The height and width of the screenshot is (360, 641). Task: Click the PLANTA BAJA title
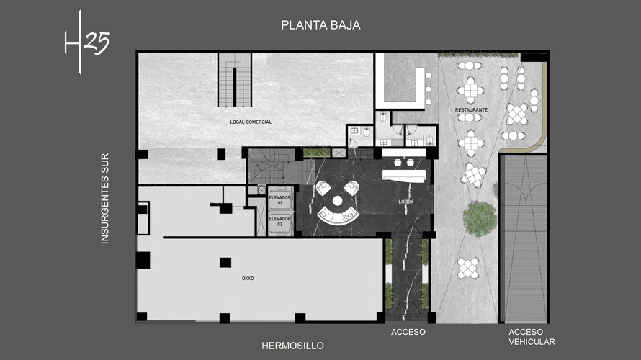pos(320,25)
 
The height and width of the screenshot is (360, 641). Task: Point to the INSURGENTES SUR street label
pos(105,198)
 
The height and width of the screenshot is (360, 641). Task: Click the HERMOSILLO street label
pos(292,346)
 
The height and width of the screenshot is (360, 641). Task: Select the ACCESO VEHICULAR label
pos(531,337)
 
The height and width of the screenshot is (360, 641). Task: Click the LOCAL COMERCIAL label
pos(251,122)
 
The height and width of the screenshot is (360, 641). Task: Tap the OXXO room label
pos(249,276)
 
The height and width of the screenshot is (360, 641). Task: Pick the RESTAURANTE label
pos(471,110)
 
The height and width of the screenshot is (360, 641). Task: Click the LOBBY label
pos(406,202)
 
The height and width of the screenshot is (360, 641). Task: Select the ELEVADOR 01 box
pos(279,199)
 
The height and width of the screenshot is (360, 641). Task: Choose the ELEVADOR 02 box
pos(279,222)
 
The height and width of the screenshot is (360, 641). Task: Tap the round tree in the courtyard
pos(479,217)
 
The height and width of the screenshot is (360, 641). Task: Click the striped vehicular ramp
pos(523,238)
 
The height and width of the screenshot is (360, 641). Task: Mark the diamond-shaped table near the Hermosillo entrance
pos(468,268)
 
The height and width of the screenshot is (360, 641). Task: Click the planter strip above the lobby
pos(317,153)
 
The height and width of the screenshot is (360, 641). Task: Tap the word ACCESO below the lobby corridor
pos(408,332)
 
